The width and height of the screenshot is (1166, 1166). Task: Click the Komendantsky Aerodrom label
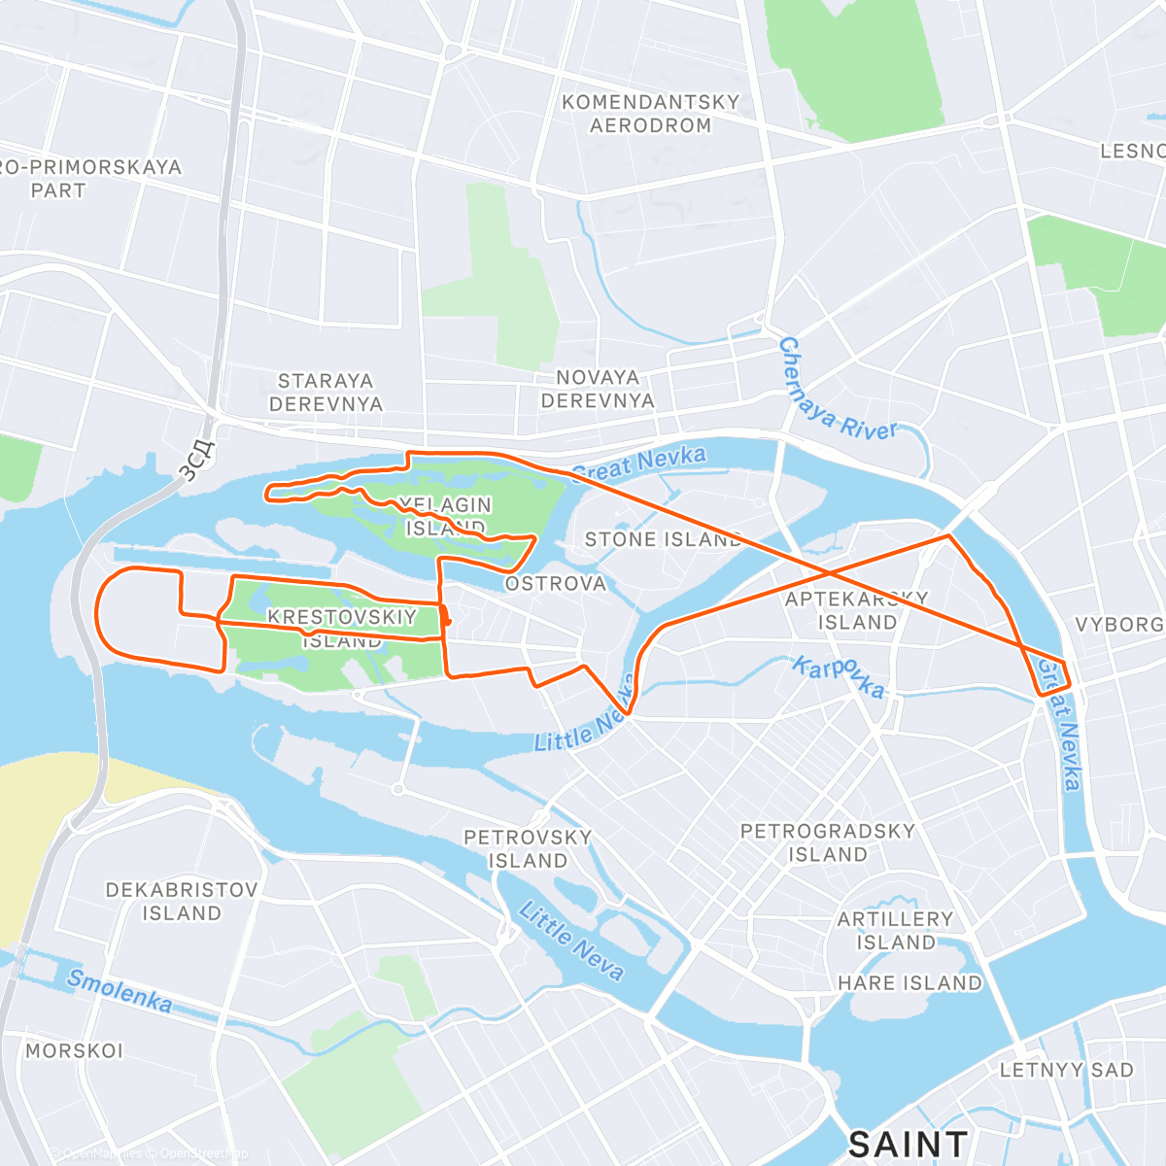pos(651,114)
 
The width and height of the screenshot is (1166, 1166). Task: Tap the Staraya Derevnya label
pos(326,393)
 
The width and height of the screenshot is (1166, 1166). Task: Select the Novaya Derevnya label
pos(598,389)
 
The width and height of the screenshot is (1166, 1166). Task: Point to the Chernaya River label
pos(836,394)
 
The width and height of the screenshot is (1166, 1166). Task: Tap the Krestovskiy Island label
pos(342,628)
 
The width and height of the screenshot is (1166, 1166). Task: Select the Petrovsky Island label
pos(528,849)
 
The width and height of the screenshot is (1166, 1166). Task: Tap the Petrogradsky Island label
pos(828,842)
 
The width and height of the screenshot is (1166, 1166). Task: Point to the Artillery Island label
pos(895,930)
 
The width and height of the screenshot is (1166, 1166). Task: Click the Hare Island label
pos(909,983)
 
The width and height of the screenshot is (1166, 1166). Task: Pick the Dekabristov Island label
pos(182,902)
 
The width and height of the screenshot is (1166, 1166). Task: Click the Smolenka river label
pos(120,991)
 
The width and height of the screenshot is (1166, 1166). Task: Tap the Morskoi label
pos(75,1050)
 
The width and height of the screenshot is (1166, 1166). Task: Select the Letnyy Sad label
pos(1067,1070)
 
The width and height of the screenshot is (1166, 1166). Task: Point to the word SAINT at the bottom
pos(908,1145)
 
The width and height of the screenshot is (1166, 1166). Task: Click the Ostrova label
pos(556,584)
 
